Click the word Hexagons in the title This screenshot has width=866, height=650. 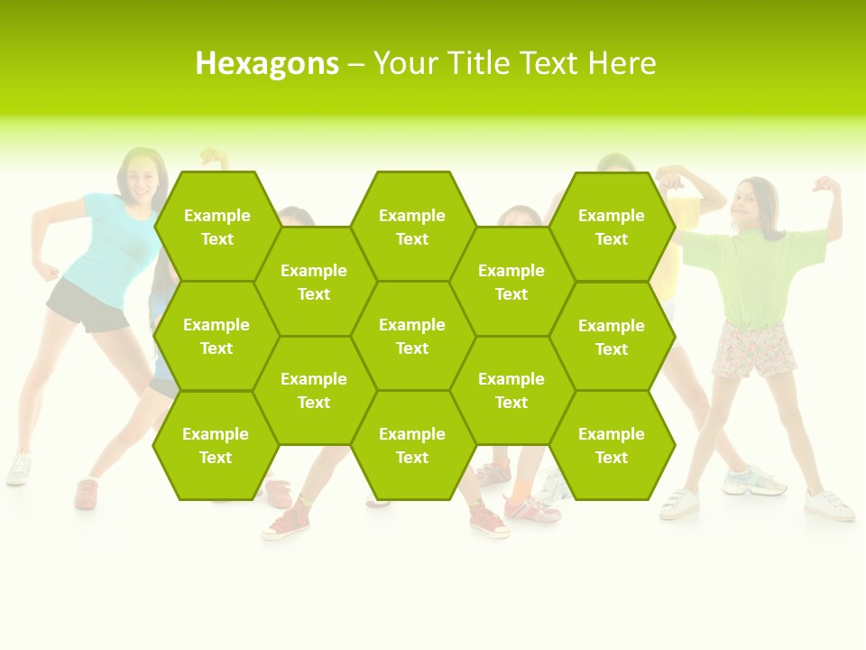point(267,63)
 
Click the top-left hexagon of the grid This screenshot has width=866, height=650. point(216,227)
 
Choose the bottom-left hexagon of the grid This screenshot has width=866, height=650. point(216,445)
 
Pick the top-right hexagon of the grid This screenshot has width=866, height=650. point(612,227)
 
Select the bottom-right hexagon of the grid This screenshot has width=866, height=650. point(612,445)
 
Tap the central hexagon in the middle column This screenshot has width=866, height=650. point(412,336)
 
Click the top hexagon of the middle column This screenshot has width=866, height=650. point(412,227)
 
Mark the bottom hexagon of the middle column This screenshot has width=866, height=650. point(412,445)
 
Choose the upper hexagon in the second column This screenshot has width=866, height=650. point(314,282)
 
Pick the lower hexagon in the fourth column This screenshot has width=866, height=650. point(511,390)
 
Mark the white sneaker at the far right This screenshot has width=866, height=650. point(829,506)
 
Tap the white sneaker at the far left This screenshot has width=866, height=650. point(18,469)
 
